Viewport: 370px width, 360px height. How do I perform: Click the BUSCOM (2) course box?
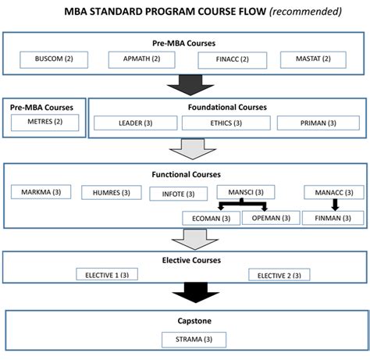[55, 59]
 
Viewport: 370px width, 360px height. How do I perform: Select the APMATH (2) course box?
[142, 59]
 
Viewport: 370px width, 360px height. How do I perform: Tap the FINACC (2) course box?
[229, 59]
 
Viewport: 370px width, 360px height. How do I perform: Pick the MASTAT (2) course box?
[315, 59]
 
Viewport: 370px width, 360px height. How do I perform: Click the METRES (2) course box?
[45, 122]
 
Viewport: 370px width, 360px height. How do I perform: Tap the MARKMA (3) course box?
[41, 191]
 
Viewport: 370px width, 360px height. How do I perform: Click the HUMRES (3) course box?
[109, 192]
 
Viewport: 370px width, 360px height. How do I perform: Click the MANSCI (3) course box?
[245, 192]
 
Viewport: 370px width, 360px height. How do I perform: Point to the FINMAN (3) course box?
[333, 218]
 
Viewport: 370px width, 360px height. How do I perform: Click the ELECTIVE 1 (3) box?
[109, 275]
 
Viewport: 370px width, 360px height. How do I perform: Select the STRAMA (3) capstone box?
[194, 339]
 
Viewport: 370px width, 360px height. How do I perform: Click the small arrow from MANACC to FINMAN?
[334, 205]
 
